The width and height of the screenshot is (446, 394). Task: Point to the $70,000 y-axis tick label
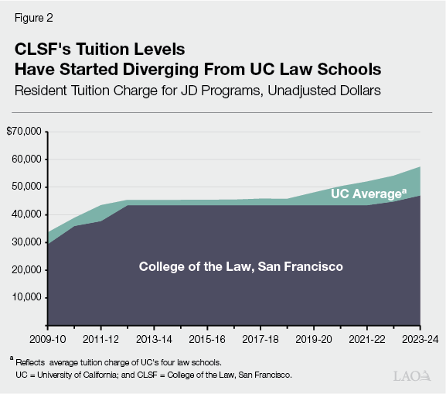(23, 132)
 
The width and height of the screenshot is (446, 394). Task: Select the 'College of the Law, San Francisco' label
(240, 266)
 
